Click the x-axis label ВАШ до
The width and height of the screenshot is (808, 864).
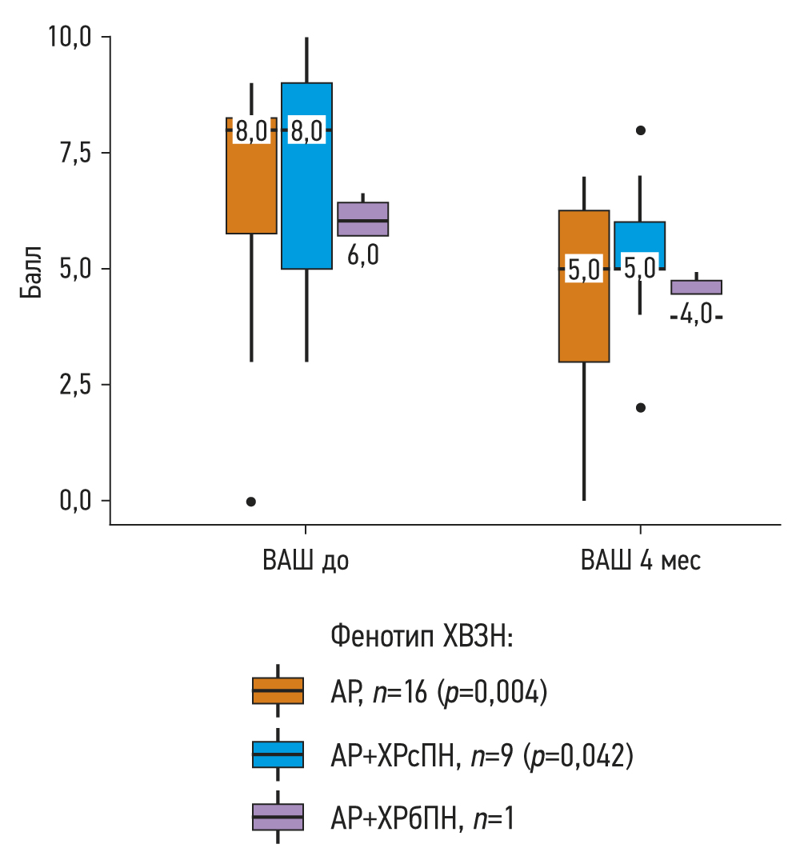tap(306, 561)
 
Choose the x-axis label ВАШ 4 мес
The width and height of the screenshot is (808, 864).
tap(640, 561)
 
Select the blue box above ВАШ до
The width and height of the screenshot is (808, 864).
tap(306, 200)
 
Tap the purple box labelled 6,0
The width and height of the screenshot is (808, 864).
tap(362, 219)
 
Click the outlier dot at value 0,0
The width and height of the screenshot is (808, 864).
tap(251, 502)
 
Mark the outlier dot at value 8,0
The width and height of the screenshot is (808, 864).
tap(640, 130)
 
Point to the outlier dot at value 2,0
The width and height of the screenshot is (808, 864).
tap(640, 407)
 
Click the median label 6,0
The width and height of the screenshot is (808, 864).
tap(362, 256)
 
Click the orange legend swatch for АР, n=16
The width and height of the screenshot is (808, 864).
tap(278, 690)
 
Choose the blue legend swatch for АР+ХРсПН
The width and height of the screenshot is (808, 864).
tap(278, 754)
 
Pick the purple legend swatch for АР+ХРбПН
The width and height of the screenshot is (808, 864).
tap(278, 817)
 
